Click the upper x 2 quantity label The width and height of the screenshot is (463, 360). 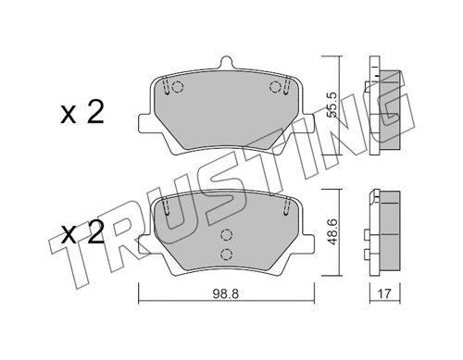click(81, 114)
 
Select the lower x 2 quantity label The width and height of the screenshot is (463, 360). click(81, 233)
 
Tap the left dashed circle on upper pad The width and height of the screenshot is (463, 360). click(178, 89)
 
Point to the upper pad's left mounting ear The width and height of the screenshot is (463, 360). click(144, 123)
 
